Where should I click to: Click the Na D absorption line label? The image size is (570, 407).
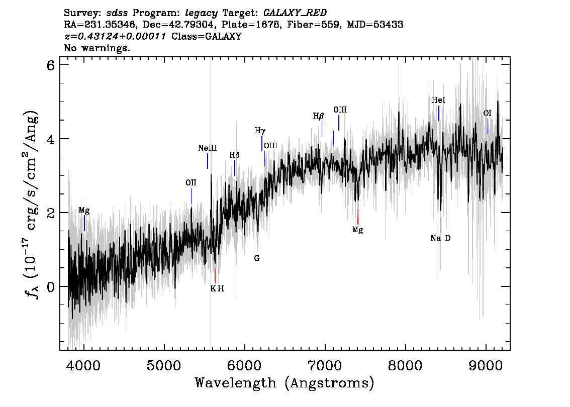[x=440, y=238]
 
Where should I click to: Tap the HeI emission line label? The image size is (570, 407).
[x=438, y=100]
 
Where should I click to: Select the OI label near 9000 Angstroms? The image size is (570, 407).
[x=487, y=114]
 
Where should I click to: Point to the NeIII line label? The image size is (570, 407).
[x=207, y=148]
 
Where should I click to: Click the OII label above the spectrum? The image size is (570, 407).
[x=191, y=183]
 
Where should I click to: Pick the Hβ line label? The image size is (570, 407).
[x=319, y=116]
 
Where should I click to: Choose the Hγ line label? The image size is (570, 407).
[x=260, y=131]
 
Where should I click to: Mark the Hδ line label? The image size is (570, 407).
[x=234, y=155]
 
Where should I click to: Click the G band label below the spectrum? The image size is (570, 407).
[x=257, y=258]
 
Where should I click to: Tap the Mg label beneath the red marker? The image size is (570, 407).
[x=357, y=230]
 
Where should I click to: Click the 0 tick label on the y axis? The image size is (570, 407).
[x=50, y=286]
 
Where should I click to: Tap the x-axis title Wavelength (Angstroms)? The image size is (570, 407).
[x=284, y=383]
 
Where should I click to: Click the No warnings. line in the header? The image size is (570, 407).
[x=97, y=48]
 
